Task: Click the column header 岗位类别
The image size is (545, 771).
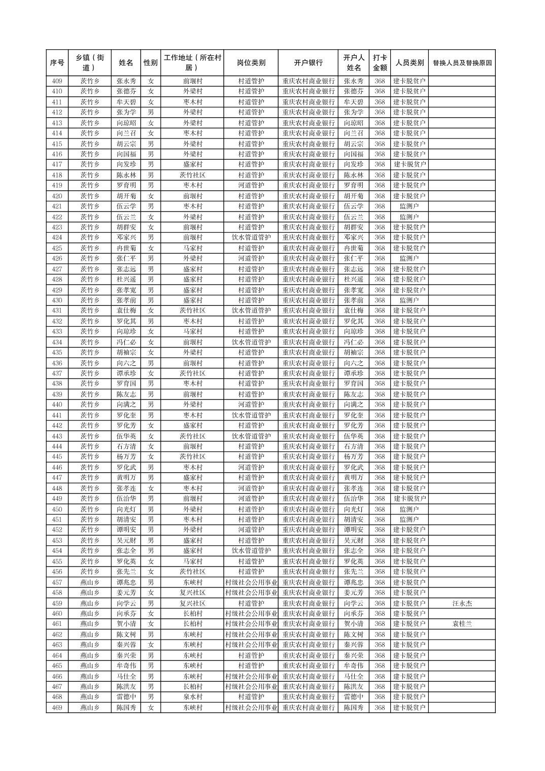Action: tap(251, 63)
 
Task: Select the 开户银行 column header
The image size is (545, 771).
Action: tap(308, 63)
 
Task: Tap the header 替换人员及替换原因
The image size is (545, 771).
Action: tap(462, 63)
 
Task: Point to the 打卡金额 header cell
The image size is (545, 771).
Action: tap(380, 63)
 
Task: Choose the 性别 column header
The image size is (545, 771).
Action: tap(150, 63)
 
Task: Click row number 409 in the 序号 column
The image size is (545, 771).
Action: tap(57, 81)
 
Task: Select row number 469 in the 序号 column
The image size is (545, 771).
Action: tap(57, 708)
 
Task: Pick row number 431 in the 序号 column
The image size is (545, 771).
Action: tap(57, 310)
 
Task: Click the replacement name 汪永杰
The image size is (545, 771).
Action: tap(462, 603)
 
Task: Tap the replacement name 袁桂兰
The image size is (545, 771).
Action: tap(462, 624)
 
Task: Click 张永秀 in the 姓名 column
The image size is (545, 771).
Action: tap(126, 81)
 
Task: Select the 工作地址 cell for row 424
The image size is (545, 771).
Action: tap(192, 237)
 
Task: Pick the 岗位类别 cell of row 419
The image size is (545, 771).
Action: tap(251, 185)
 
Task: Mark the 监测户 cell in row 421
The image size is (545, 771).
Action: tap(409, 206)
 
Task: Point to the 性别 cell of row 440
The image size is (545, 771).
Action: tap(150, 404)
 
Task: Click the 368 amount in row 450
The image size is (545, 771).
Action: tap(380, 509)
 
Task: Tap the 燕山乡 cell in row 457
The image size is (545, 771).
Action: tap(90, 582)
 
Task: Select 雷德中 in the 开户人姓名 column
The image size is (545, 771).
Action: tap(354, 697)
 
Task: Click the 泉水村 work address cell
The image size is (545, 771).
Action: tap(192, 697)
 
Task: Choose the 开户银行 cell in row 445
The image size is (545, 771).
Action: tap(308, 457)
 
